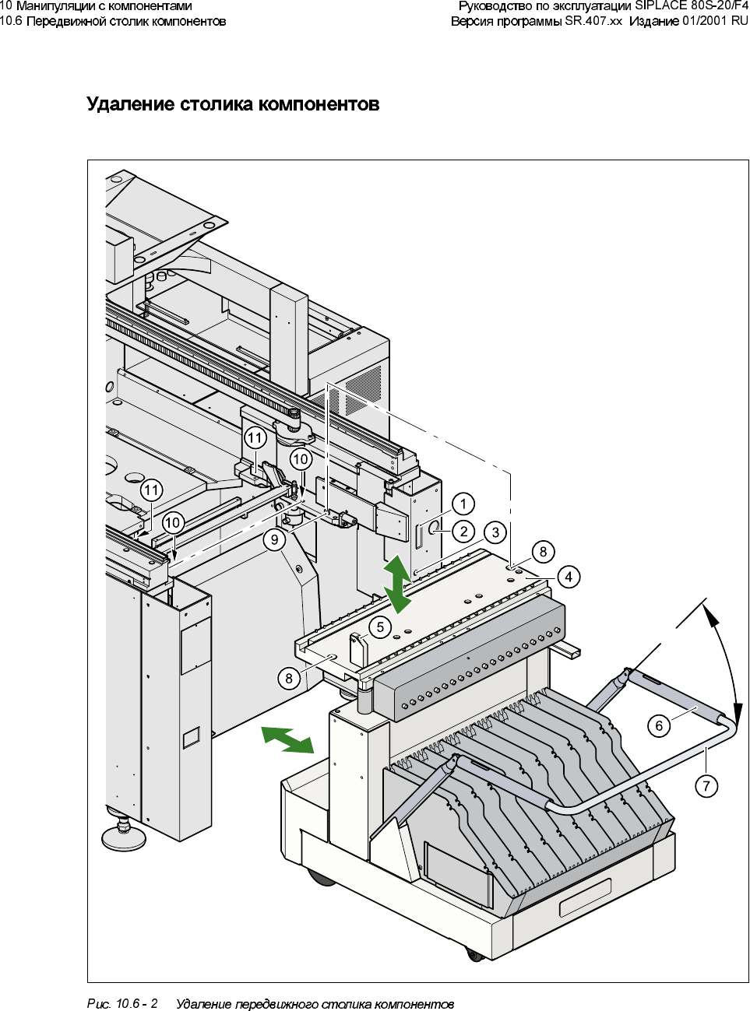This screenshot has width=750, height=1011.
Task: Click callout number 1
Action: coord(463,504)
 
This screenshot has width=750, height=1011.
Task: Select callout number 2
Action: coord(464,532)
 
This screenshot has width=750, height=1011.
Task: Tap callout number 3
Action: coord(496,532)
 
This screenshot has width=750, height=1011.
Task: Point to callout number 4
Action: coord(569,577)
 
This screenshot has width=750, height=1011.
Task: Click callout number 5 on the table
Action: coord(380,627)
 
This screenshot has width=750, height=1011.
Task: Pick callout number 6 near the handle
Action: coord(659,726)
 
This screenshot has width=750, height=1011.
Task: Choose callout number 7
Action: coord(706,786)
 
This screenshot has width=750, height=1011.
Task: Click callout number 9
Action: coord(274,539)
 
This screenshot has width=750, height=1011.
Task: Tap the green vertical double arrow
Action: coord(398,584)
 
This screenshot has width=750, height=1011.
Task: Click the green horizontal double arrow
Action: coord(287,739)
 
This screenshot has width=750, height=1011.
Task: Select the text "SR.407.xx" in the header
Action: coord(593,21)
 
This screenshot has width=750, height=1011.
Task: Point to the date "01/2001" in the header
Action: coord(704,21)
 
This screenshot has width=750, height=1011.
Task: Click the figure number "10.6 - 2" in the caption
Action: coord(136,1004)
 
